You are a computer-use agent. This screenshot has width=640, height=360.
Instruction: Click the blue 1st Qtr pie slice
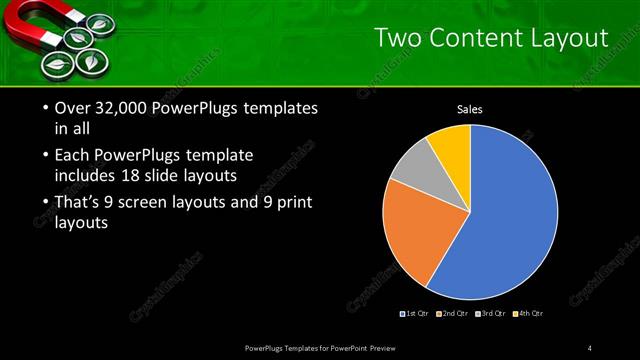click(x=500, y=220)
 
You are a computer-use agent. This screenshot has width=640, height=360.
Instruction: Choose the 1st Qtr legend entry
click(x=416, y=314)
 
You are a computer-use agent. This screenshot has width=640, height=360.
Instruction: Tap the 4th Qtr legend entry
click(x=529, y=314)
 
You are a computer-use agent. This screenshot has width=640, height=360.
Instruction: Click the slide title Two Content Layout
click(x=491, y=38)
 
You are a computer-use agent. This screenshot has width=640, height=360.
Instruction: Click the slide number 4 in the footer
click(x=589, y=347)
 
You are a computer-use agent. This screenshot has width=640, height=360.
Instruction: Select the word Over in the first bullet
click(x=62, y=109)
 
